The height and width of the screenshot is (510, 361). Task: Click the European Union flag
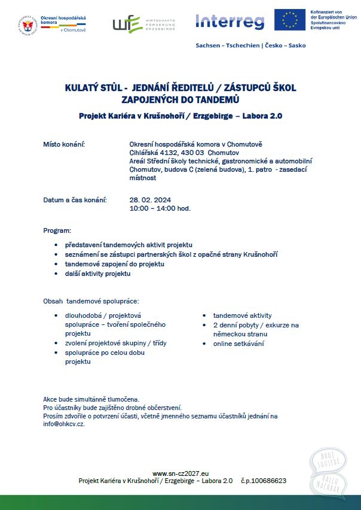point(290,20)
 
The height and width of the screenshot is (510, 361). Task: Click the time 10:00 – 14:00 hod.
point(160,208)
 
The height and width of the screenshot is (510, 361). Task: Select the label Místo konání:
point(64,144)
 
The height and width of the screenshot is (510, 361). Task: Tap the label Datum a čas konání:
point(75,199)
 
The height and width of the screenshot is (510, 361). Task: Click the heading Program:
point(57,230)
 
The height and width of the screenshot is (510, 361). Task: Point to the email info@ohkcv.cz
point(64,424)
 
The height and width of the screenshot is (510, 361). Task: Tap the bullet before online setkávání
point(205,344)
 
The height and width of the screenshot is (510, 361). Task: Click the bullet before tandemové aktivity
point(205,315)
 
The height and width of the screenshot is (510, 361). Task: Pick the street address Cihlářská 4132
point(155,153)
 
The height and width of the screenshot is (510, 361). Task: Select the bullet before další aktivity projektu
point(56,274)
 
